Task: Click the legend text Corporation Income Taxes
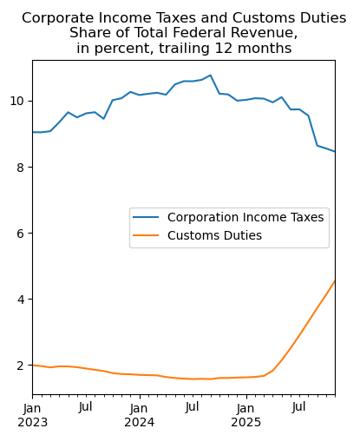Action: (x=245, y=217)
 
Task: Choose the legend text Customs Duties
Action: (x=214, y=235)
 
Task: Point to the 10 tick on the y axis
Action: (x=19, y=101)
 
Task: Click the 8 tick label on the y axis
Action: (x=23, y=167)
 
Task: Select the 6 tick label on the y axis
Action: (x=23, y=233)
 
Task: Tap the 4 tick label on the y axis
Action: (x=23, y=300)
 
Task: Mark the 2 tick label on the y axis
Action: (x=23, y=366)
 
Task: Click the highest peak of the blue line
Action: (x=210, y=75)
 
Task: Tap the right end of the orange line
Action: (x=335, y=281)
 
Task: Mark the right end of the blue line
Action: (x=335, y=152)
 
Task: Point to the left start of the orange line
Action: (x=32, y=366)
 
